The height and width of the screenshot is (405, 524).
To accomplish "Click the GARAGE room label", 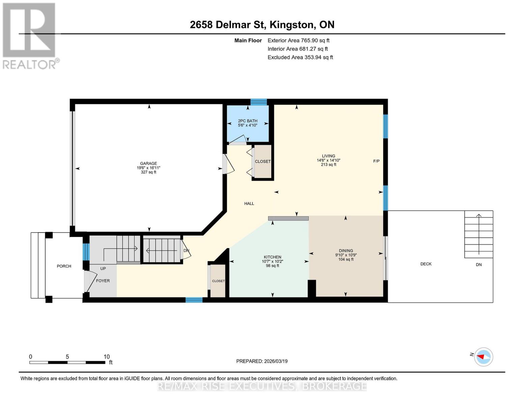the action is pyautogui.click(x=148, y=163).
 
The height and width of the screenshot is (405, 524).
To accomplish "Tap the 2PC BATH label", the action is pyautogui.click(x=247, y=121).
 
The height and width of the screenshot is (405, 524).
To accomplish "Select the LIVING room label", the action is pyautogui.click(x=328, y=156).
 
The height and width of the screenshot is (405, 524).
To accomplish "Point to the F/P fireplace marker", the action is pyautogui.click(x=376, y=161).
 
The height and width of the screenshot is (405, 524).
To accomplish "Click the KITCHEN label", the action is pyautogui.click(x=272, y=257).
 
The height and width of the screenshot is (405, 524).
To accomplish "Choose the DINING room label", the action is pyautogui.click(x=346, y=251).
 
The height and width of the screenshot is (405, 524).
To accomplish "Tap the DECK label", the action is pyautogui.click(x=425, y=264).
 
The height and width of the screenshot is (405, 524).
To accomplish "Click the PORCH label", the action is pyautogui.click(x=64, y=266).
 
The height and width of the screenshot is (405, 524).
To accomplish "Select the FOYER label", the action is pyautogui.click(x=103, y=281).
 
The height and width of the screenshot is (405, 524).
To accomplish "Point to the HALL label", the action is pyautogui.click(x=249, y=204).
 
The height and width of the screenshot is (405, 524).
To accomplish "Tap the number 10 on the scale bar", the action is pyautogui.click(x=107, y=356).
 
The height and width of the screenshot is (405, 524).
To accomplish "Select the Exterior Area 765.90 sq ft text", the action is pyautogui.click(x=298, y=40).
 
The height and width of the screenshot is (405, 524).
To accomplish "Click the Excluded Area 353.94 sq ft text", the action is pyautogui.click(x=300, y=57).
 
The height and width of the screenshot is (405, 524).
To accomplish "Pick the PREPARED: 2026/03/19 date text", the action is pyautogui.click(x=261, y=361).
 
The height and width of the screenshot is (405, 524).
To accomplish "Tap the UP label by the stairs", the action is pyautogui.click(x=103, y=268).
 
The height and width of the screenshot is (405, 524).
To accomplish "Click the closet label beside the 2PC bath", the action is pyautogui.click(x=263, y=161).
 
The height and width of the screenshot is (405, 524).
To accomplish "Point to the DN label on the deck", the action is pyautogui.click(x=478, y=265).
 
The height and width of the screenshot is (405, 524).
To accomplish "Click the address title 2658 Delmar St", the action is pyautogui.click(x=228, y=25).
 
